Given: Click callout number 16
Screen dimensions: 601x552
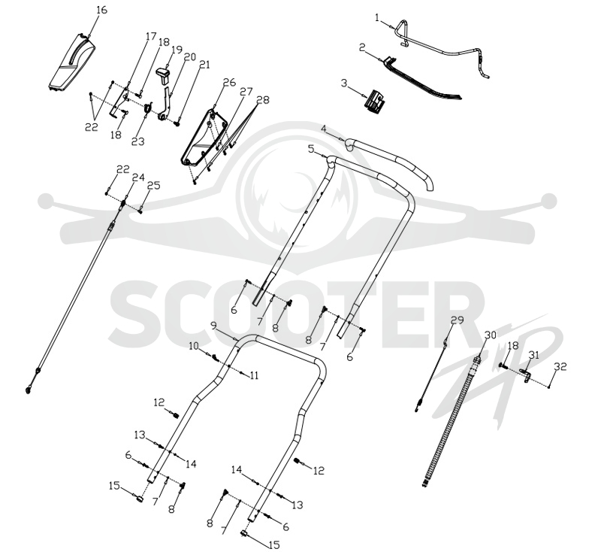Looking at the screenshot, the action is [101, 10].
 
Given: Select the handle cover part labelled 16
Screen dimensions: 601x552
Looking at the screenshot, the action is [72, 62].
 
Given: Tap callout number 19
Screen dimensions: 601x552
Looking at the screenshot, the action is [177, 50].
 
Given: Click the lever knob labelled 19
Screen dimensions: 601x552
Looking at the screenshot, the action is [164, 74].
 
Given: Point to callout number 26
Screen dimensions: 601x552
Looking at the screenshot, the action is [229, 83].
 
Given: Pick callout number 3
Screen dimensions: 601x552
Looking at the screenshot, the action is [344, 83].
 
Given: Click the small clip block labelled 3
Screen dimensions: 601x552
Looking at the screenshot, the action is [373, 101].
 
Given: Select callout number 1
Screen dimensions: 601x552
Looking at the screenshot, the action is [377, 17].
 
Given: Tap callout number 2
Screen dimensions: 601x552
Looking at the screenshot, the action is [362, 47].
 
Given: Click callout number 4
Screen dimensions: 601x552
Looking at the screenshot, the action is [324, 129].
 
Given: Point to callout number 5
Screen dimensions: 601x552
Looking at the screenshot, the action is [311, 148].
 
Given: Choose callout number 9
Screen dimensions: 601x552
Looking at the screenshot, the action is [214, 326].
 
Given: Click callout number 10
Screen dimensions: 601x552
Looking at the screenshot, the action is [194, 346].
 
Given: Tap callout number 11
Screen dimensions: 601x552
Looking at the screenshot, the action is [254, 375].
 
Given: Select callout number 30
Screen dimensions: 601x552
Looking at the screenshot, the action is [491, 335].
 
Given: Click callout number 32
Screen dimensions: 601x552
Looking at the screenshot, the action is [560, 367].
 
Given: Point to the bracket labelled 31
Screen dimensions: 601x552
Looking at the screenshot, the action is [526, 375].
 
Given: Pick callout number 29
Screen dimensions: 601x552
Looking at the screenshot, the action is [458, 320].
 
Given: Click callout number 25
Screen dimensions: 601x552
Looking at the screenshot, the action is [154, 186].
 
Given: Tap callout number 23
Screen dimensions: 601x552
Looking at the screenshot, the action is [138, 141].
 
